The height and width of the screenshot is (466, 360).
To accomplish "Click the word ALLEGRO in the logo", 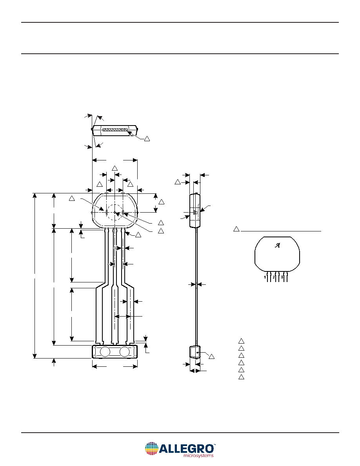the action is point(187,448).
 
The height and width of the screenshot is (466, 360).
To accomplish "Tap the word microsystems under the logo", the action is point(198,455).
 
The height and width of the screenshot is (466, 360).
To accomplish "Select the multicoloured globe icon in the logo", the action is point(151,449).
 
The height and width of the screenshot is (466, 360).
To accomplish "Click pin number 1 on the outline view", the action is point(265,277).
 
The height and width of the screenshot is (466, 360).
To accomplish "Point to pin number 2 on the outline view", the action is point(274,277).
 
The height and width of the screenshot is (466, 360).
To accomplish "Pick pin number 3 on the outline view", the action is point(282,277).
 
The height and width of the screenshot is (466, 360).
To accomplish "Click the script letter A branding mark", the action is point(277,246).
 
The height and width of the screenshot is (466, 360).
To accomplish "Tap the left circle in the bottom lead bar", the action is point(105,351).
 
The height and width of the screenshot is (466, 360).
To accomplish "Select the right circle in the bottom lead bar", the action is point(125,351).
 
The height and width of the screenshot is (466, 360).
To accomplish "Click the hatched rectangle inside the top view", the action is point(115,130).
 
